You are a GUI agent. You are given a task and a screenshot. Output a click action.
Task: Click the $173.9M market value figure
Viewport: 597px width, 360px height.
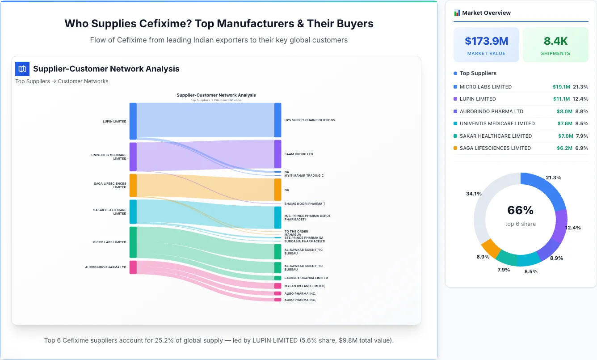click(486, 41)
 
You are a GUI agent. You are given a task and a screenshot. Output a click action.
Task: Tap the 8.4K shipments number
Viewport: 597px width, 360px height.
click(555, 41)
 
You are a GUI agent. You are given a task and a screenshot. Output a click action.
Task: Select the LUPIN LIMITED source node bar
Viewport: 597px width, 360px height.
click(133, 121)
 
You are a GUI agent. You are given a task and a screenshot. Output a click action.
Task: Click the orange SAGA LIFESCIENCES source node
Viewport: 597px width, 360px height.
click(133, 185)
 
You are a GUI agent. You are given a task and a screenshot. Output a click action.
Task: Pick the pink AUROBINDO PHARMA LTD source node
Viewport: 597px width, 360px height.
click(133, 267)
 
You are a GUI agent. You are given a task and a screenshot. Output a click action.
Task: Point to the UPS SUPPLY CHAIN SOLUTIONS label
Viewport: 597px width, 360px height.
click(309, 120)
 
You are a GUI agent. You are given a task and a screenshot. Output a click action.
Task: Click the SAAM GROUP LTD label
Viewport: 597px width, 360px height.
click(298, 154)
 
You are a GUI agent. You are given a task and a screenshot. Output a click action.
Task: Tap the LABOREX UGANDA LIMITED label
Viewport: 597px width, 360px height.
click(306, 278)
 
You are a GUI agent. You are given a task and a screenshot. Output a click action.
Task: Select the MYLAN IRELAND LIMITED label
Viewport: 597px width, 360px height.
click(305, 286)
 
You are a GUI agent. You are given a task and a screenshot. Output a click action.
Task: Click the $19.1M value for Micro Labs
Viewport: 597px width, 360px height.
click(561, 87)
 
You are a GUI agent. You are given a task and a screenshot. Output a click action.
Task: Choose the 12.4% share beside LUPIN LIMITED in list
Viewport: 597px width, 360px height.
click(580, 99)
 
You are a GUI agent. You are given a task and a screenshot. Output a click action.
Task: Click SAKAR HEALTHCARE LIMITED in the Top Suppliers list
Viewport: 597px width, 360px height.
click(496, 136)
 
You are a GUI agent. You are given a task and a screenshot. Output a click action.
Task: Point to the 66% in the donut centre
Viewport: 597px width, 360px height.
click(520, 210)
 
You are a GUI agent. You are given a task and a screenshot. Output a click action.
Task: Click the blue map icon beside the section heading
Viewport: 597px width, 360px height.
click(22, 69)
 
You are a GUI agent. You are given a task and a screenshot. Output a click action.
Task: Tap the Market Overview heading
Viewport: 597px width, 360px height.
click(486, 13)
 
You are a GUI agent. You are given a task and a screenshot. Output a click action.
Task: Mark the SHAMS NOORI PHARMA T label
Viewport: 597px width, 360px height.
click(304, 204)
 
